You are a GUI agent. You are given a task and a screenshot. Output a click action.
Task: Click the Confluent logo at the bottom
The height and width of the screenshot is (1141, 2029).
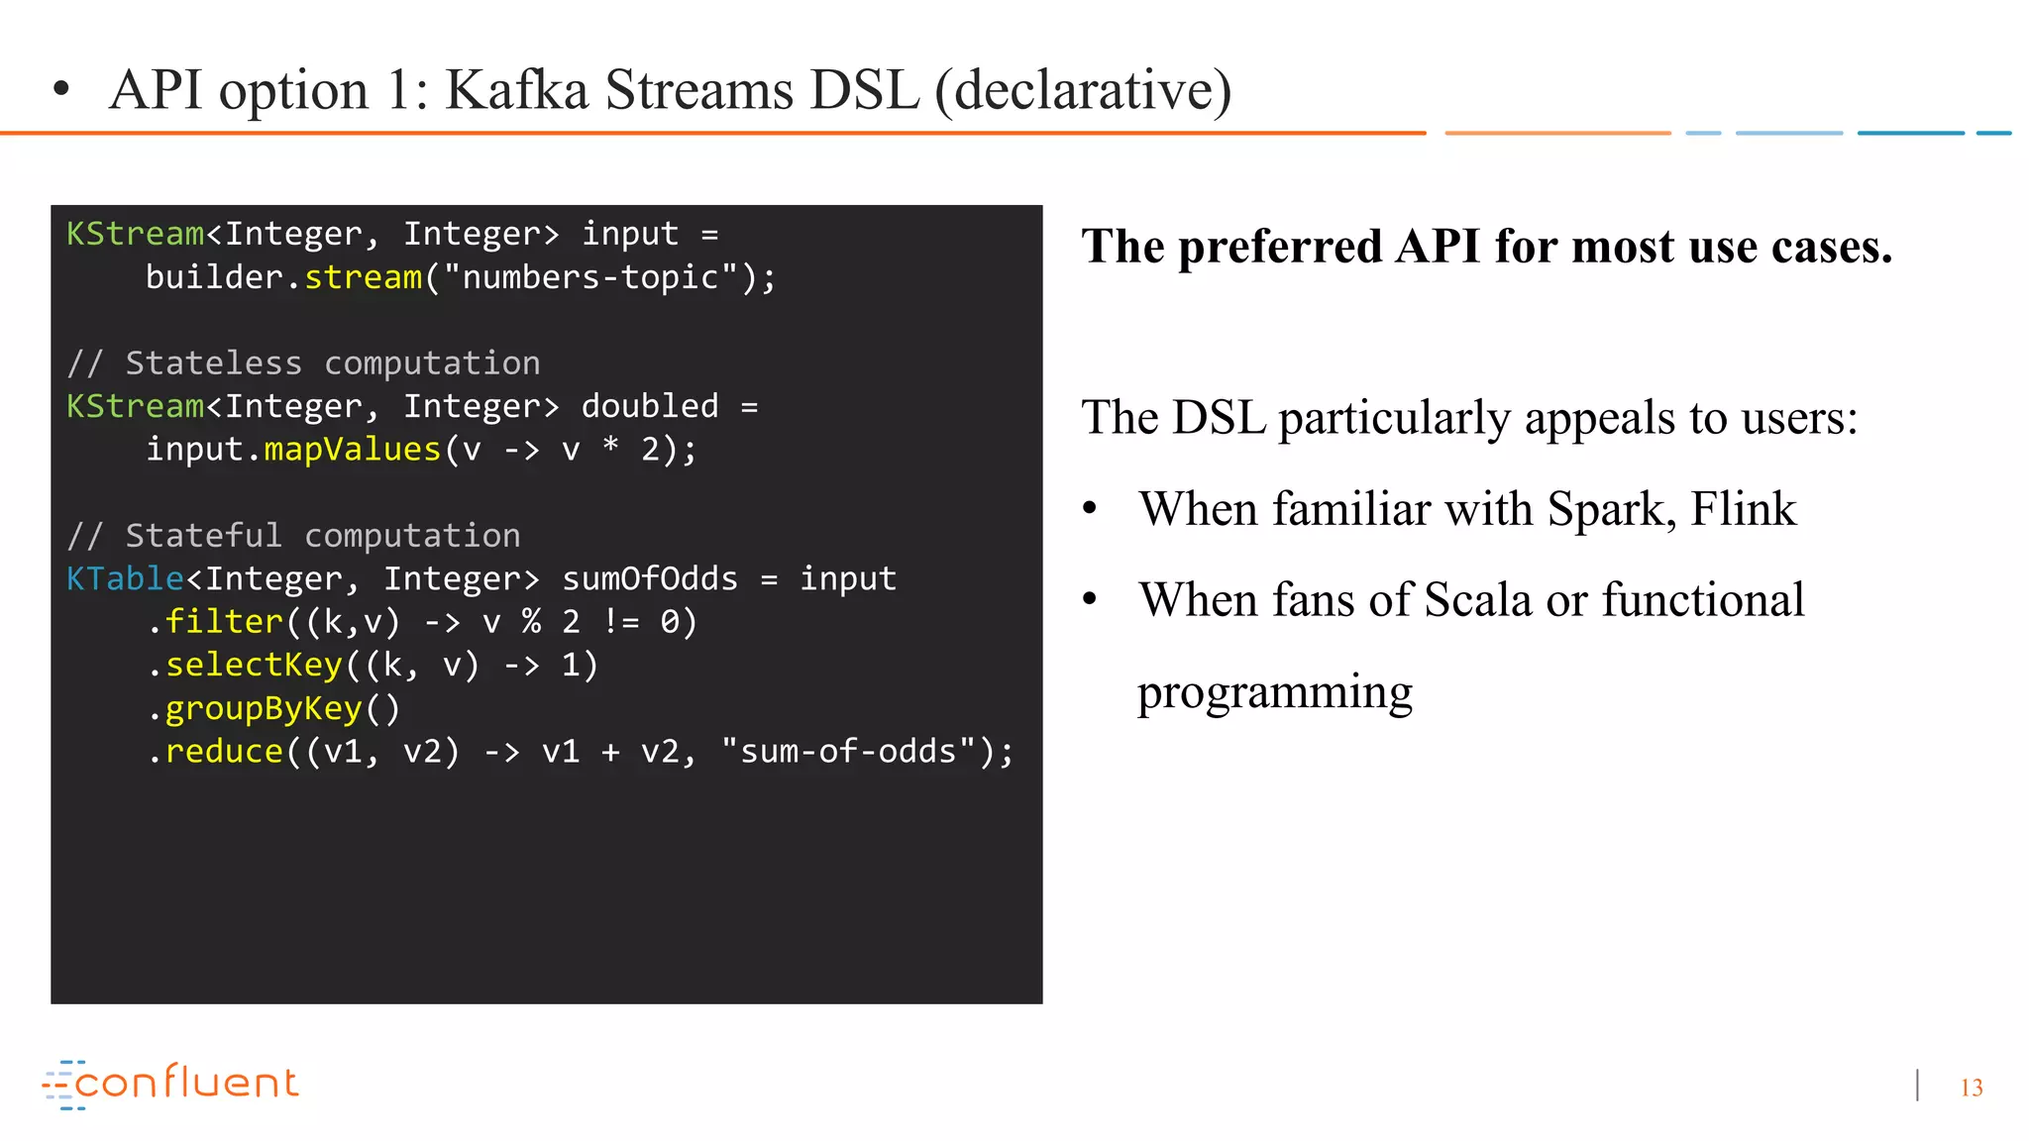[170, 1083]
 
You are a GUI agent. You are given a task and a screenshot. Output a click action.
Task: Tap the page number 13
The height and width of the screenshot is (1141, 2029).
[1971, 1088]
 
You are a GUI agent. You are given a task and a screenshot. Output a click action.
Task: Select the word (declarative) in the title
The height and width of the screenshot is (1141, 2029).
[1083, 90]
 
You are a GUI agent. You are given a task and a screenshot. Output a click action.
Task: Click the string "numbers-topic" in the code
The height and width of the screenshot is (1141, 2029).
[589, 277]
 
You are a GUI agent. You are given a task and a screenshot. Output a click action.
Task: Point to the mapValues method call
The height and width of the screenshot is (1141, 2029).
[352, 450]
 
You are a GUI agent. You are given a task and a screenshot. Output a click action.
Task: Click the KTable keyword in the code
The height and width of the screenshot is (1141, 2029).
[125, 578]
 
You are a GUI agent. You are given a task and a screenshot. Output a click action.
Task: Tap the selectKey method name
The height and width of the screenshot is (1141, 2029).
[254, 665]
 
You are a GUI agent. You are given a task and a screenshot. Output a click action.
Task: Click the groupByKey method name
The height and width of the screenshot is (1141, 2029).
[264, 708]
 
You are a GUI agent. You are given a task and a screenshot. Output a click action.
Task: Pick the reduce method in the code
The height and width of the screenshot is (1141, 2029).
[224, 752]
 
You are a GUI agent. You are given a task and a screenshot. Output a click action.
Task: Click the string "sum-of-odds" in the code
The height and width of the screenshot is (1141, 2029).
[848, 752]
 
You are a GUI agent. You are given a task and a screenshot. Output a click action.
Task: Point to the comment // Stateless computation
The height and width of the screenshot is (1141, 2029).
[303, 363]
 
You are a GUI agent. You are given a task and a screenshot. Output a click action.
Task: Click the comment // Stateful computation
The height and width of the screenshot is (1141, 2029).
[293, 536]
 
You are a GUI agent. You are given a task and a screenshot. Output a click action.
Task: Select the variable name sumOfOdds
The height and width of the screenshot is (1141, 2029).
[650, 578]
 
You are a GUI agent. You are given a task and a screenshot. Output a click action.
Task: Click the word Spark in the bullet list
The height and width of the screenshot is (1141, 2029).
[1607, 510]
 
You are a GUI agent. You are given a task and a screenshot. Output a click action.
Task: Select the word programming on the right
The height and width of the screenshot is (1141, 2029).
[1274, 692]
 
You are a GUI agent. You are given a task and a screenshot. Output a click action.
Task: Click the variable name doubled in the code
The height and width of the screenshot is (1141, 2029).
[650, 406]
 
